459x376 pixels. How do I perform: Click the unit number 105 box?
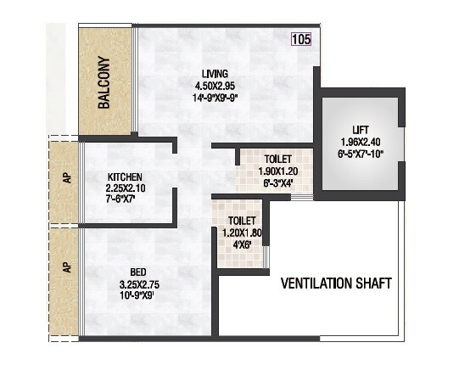[300, 38]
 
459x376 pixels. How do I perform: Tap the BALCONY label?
[104, 84]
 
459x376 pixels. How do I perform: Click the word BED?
[138, 272]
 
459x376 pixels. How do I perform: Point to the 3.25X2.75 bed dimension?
[138, 283]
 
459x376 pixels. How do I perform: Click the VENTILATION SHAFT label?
[337, 282]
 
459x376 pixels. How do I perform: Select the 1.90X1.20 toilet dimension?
[277, 171]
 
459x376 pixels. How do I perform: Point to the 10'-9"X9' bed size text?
[138, 295]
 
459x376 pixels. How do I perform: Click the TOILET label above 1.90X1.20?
[277, 159]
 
